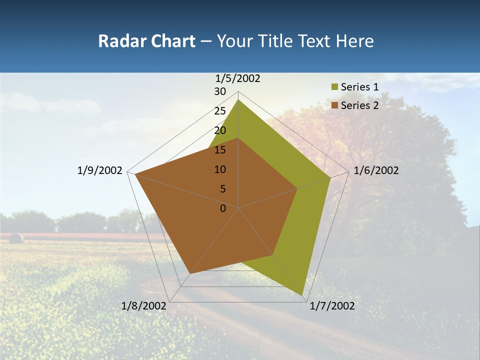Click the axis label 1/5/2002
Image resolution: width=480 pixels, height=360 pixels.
pyautogui.click(x=238, y=78)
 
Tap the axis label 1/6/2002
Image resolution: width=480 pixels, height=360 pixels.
pyautogui.click(x=376, y=170)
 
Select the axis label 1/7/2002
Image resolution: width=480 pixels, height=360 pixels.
pyautogui.click(x=332, y=306)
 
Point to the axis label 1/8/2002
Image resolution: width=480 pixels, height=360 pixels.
pyautogui.click(x=143, y=306)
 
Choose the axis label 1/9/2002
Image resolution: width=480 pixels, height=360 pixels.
pyautogui.click(x=99, y=170)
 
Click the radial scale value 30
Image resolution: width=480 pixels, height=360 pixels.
pyautogui.click(x=220, y=91)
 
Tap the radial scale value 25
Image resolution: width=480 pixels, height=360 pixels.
pyautogui.click(x=220, y=111)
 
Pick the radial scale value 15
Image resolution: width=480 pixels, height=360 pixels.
pyautogui.click(x=220, y=150)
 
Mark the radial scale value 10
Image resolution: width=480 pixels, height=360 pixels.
pyautogui.click(x=220, y=169)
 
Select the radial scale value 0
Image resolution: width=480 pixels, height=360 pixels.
pyautogui.click(x=223, y=208)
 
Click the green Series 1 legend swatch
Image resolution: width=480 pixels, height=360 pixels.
pyautogui.click(x=334, y=87)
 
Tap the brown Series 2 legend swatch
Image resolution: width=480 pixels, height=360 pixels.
pyautogui.click(x=334, y=105)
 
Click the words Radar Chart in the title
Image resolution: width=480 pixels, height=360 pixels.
pyautogui.click(x=146, y=41)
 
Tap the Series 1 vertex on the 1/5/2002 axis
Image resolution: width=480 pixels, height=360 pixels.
pyautogui.click(x=238, y=99)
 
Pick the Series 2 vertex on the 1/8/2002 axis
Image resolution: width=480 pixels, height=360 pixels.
pyautogui.click(x=190, y=273)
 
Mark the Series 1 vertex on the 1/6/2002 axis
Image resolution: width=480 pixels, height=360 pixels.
pyautogui.click(x=330, y=178)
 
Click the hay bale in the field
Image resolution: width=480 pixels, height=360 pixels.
pyautogui.click(x=16, y=238)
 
